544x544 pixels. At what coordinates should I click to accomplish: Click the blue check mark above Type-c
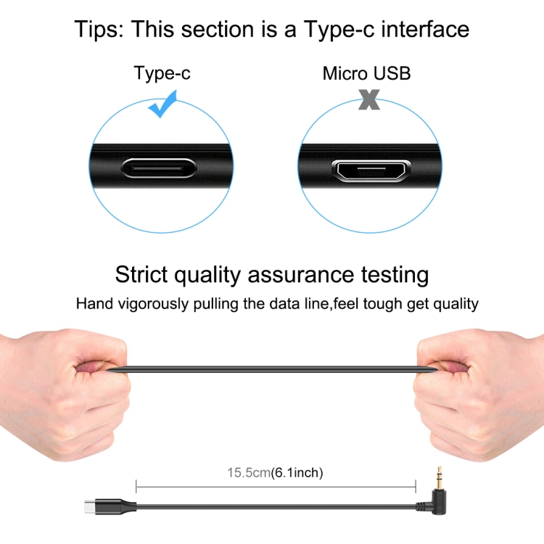(162, 105)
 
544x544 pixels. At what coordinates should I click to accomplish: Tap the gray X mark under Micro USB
(369, 99)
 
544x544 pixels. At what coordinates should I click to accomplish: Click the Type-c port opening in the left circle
(160, 168)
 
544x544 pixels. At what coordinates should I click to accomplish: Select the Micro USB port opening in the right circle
(371, 170)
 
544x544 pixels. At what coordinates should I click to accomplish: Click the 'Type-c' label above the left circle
(162, 73)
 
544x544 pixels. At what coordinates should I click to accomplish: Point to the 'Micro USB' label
(367, 73)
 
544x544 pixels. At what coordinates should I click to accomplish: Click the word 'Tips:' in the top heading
(99, 29)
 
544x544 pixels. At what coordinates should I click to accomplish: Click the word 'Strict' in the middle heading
(141, 274)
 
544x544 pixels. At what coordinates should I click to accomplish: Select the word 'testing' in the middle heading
(395, 276)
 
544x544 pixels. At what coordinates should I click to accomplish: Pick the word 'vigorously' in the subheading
(154, 304)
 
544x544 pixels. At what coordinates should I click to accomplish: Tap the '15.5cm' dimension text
(249, 472)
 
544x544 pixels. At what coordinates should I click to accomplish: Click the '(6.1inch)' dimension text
(297, 472)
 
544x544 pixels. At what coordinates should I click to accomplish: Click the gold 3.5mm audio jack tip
(439, 478)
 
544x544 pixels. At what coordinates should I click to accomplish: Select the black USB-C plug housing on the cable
(115, 506)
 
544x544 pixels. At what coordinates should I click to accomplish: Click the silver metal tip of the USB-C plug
(89, 506)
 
